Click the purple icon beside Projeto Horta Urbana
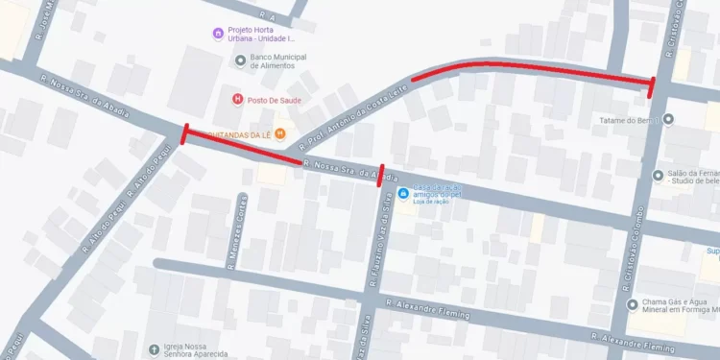pos(219,35)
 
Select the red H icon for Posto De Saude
pos(236,98)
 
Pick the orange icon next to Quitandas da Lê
pos(280,133)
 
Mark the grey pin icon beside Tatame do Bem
pos(669,120)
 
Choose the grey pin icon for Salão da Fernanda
pos(659,175)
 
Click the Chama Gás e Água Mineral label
pos(682,309)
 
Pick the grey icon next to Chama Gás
pos(632,304)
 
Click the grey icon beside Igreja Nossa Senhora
pos(155,349)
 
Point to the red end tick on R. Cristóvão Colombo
pos(652,87)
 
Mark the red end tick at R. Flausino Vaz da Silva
pos(382,177)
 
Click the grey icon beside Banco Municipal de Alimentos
pos(241,61)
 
